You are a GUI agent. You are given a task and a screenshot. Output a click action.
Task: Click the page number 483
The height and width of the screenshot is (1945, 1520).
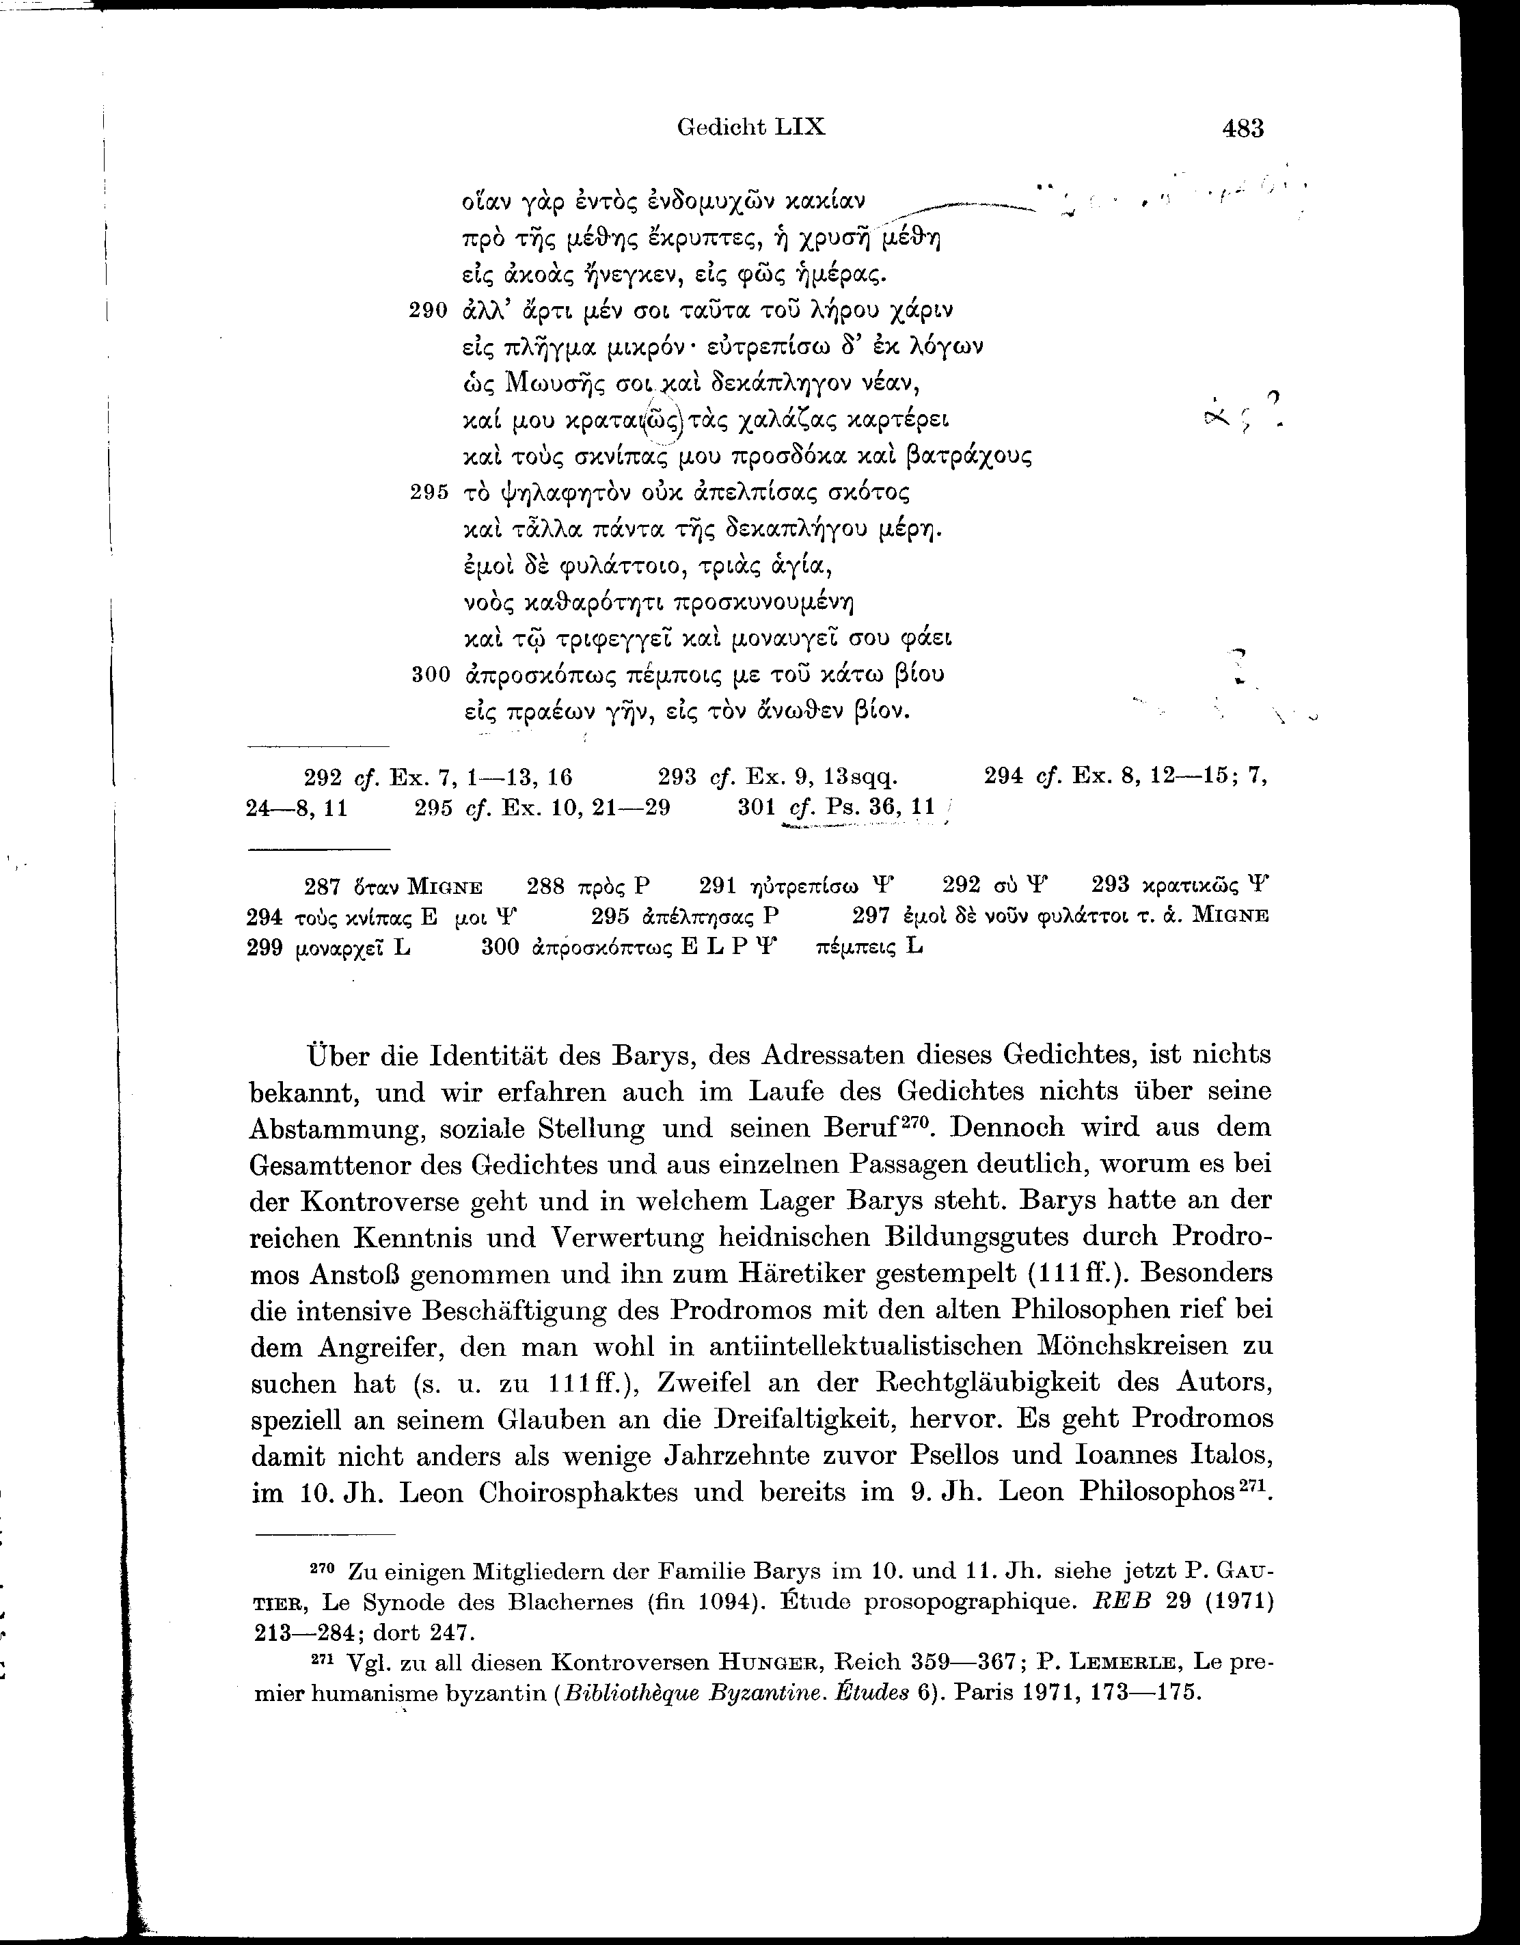point(1243,129)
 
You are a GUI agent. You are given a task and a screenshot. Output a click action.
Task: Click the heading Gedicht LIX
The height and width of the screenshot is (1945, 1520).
point(750,127)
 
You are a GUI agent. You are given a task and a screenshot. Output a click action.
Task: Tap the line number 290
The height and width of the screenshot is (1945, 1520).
point(429,311)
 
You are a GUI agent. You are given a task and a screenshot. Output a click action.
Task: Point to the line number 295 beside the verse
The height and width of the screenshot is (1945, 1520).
point(429,493)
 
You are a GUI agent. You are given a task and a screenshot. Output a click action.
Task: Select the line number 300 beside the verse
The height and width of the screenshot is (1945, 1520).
point(430,675)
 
